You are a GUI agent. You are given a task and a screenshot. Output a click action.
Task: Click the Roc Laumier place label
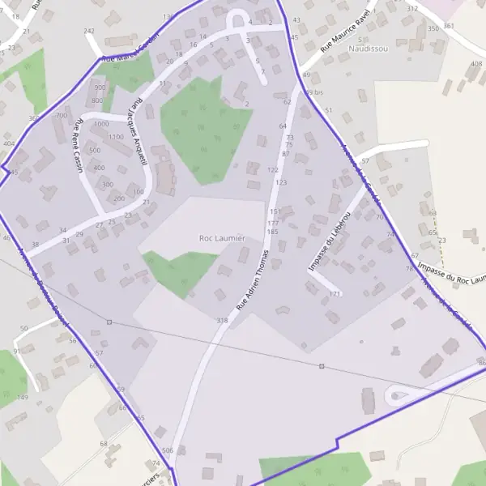tap(222, 238)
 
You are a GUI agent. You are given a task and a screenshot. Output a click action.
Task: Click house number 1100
tap(116, 137)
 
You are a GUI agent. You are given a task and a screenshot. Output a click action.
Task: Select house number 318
tap(222, 321)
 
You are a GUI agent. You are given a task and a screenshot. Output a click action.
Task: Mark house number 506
tap(168, 450)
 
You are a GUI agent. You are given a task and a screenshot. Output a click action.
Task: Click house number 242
tap(89, 31)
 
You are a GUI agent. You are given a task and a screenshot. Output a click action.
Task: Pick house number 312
tap(412, 9)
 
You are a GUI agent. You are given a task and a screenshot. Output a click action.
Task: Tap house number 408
tap(476, 63)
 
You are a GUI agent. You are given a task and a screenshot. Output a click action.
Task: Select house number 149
tap(23, 398)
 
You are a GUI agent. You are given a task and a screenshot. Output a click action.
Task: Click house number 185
tap(272, 232)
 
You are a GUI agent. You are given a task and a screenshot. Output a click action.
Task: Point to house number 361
tap(449, 26)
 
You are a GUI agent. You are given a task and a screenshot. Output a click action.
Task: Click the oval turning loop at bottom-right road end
tap(398, 396)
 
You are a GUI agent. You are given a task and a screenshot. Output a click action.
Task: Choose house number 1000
tap(101, 124)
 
